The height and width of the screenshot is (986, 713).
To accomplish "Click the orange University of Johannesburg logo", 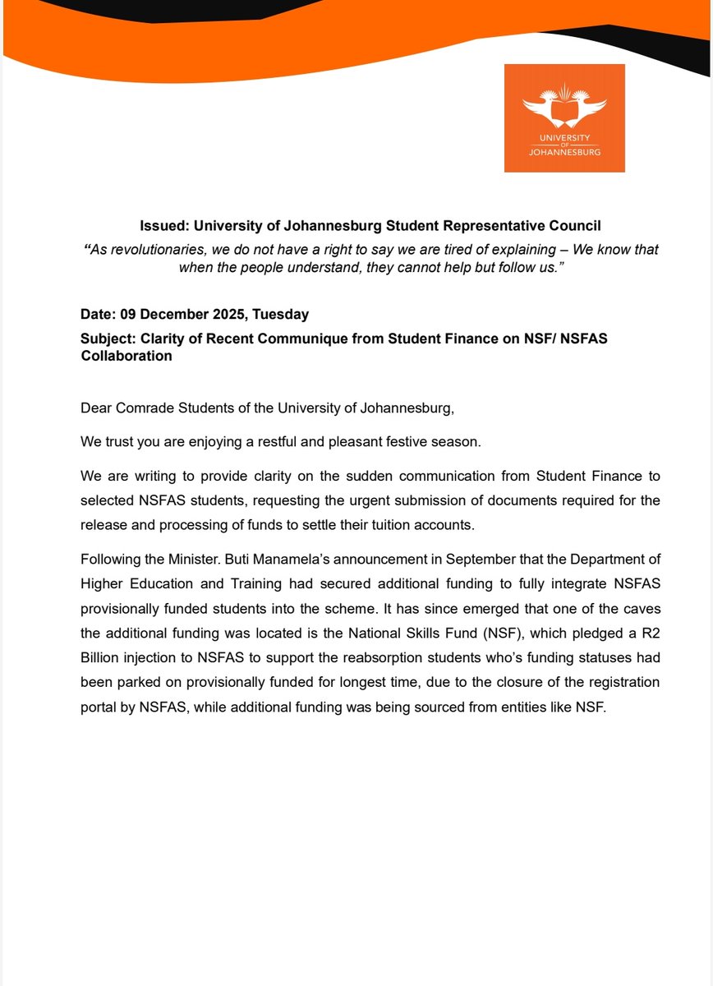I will tap(564, 118).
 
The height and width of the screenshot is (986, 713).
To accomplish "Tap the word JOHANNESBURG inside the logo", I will tap(564, 153).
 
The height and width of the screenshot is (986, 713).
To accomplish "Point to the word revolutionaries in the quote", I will tap(156, 249).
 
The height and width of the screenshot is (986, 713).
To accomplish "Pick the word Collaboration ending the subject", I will tap(126, 356).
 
